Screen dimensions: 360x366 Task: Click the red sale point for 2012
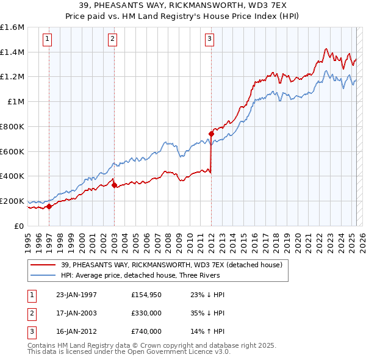pos(211,134)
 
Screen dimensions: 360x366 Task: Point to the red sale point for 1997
pos(49,206)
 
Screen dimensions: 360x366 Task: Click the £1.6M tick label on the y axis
pos(12,27)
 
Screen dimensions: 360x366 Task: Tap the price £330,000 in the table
pos(146,313)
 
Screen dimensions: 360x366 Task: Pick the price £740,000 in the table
pos(146,331)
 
